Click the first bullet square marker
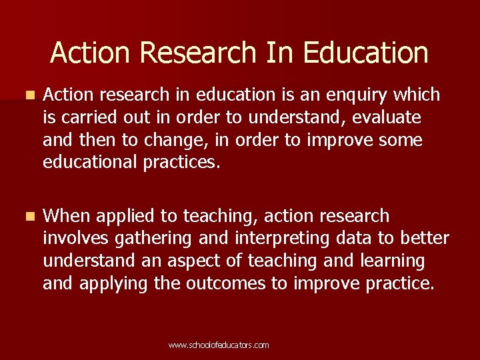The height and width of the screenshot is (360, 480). [x=27, y=95]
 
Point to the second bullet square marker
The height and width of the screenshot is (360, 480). [x=27, y=217]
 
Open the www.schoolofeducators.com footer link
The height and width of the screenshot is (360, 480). [x=219, y=345]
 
